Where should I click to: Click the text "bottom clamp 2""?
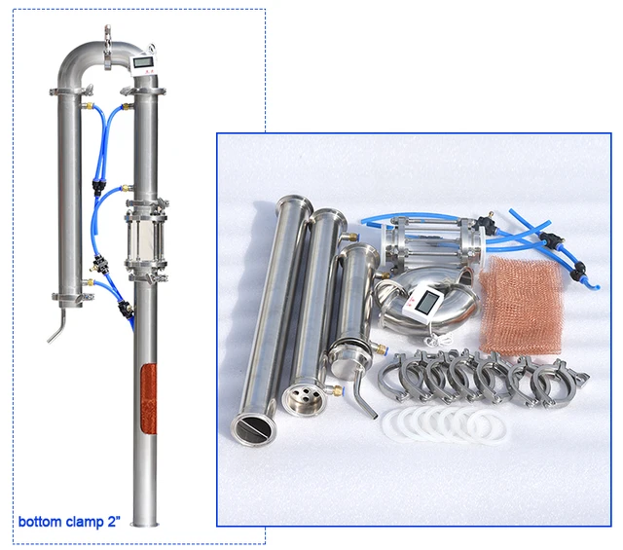click(x=67, y=522)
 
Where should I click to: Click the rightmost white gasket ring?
click(x=486, y=425)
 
